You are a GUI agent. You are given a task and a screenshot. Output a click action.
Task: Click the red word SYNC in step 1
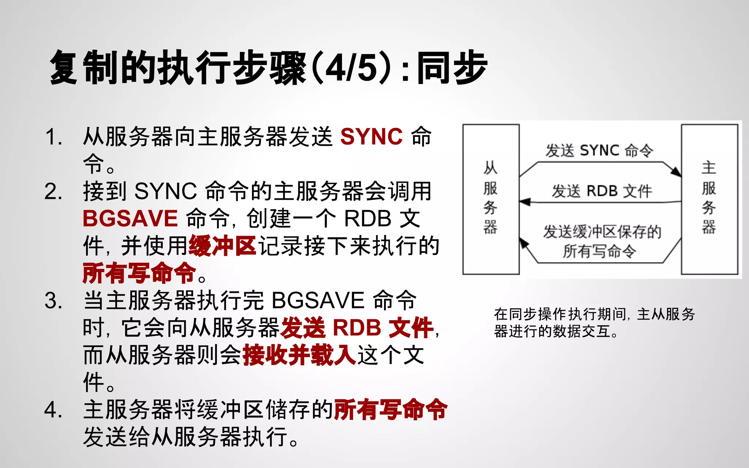tap(371, 137)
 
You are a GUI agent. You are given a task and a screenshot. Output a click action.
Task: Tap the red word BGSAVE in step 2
tap(130, 219)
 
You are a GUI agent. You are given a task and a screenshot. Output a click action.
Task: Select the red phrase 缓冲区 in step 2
tap(222, 246)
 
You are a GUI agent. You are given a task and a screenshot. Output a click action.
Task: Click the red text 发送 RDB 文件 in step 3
tap(357, 328)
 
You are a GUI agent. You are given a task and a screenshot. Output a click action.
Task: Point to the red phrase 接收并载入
tap(299, 355)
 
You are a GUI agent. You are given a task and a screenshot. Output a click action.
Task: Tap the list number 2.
tap(53, 192)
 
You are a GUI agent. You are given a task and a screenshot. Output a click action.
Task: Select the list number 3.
tap(53, 301)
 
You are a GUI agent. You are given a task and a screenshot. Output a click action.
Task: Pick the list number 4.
tap(53, 410)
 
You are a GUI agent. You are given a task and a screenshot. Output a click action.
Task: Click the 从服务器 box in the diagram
tap(491, 199)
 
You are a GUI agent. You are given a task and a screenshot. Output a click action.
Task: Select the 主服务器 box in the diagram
tap(709, 199)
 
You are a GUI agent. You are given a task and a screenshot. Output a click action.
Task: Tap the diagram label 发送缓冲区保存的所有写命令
tap(602, 241)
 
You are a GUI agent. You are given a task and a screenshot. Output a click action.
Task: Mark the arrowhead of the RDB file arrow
tap(525, 202)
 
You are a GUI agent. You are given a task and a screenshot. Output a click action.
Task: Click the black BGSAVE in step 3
tap(318, 301)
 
